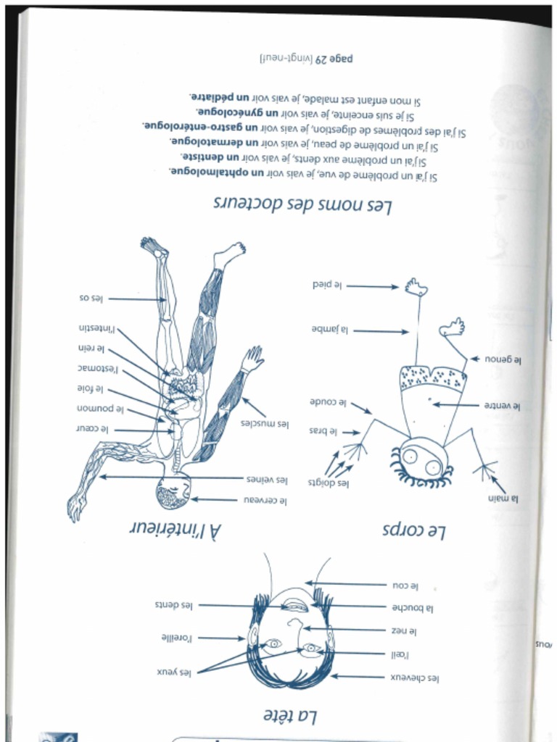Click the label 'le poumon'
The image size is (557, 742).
click(x=101, y=409)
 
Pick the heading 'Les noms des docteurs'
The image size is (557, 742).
click(x=302, y=205)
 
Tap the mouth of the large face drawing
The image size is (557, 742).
click(x=294, y=606)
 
